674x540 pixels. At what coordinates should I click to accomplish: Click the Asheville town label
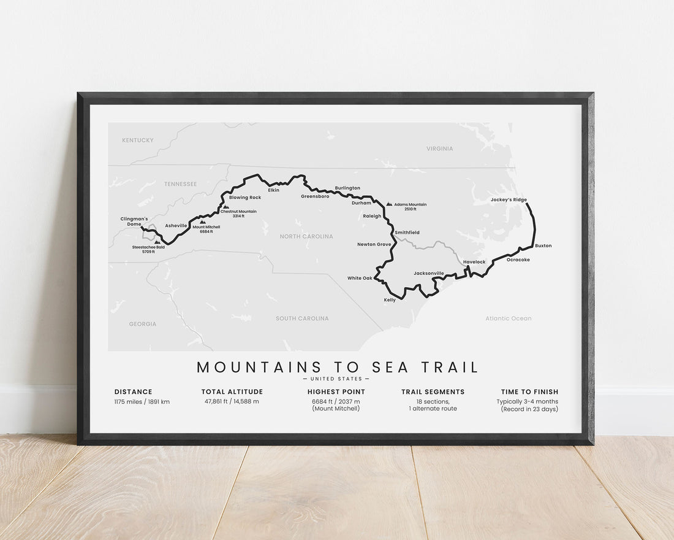pos(176,226)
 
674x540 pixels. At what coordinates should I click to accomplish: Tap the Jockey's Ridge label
pos(509,200)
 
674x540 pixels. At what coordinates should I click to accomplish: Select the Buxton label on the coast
pos(543,246)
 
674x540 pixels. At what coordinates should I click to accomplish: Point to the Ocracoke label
pos(518,260)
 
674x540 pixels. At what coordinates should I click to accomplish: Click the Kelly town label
pos(390,300)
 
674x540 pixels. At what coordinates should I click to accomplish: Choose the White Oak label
pos(360,278)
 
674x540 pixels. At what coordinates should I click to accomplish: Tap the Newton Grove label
pos(374,244)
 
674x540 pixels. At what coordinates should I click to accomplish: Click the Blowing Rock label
pos(245,198)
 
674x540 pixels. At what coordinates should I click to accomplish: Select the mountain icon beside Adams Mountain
pos(389,204)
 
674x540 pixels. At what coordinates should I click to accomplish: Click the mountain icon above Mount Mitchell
pos(203,222)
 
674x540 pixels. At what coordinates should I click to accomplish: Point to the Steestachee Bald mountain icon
pos(157,242)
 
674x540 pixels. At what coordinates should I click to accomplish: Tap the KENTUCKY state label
pos(138,141)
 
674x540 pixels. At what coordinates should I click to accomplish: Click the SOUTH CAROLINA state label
pos(302,318)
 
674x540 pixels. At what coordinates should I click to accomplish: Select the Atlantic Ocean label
pos(509,318)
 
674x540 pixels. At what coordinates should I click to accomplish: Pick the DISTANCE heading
pos(133,392)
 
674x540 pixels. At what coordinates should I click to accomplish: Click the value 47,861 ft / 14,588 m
pos(232,401)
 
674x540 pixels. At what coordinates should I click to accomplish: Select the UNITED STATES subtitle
pos(336,379)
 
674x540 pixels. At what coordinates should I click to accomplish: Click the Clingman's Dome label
pos(134,222)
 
